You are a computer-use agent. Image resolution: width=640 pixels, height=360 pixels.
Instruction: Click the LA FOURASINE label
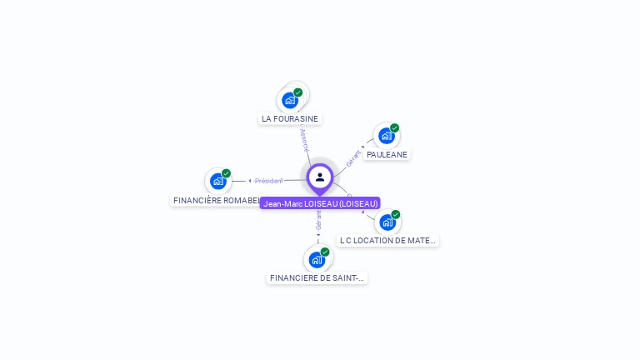coord(290,118)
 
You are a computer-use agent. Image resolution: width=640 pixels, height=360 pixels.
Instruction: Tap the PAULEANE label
coord(387,154)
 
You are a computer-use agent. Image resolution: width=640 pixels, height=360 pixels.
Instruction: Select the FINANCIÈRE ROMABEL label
coord(216,200)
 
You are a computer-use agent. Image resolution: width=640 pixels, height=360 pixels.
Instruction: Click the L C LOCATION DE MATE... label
coord(387,240)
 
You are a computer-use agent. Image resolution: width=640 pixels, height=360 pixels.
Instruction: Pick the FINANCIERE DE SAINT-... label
coord(317,277)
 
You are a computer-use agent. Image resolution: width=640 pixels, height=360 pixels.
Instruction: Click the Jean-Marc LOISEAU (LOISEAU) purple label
coord(320,203)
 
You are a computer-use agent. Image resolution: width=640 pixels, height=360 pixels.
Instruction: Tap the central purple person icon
coord(320,177)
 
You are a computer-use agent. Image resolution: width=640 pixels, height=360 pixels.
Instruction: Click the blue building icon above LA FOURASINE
coord(290,100)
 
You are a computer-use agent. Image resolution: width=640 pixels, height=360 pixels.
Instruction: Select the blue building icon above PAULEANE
coord(386,136)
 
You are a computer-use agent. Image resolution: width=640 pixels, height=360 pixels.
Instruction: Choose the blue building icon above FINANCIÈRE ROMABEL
coord(217,181)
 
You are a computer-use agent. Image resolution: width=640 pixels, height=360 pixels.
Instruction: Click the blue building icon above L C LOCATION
coord(387,222)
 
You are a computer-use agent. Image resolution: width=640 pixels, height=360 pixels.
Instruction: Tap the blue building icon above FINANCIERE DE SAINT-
coord(317,259)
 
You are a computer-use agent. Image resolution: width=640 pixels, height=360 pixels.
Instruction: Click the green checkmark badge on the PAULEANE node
coord(395,128)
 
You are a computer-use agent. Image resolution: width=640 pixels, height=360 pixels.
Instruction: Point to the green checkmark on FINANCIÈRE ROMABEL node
coord(227,173)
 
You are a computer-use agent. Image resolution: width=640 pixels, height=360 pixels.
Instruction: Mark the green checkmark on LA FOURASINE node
coord(298,92)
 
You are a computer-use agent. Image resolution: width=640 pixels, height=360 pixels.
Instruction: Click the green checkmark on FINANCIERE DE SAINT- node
coord(325,252)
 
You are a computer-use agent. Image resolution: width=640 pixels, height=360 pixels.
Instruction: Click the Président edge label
coord(268,181)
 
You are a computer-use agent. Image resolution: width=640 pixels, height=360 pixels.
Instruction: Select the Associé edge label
coord(305,139)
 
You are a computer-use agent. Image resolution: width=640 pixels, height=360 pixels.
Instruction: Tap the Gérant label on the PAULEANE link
coord(353,157)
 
